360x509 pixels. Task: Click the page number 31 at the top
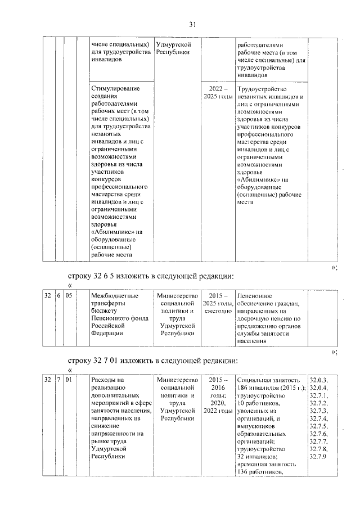click(192, 24)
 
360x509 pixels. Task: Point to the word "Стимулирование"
click(115, 89)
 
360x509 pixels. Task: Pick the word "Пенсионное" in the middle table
click(255, 295)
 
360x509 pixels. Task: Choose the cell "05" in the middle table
click(68, 295)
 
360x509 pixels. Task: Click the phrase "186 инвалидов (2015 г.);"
click(272, 388)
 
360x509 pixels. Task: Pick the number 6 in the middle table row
click(58, 295)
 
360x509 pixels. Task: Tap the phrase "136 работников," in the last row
click(260, 471)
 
